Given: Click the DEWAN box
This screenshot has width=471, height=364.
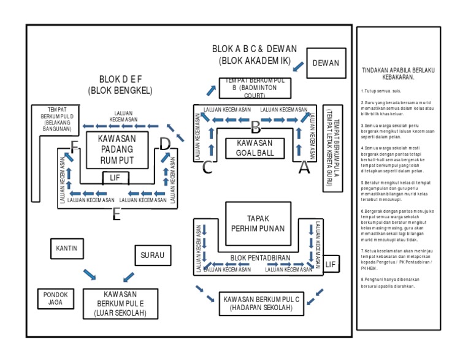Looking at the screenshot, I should [326, 63].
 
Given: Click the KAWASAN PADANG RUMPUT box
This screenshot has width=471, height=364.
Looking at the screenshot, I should [117, 150].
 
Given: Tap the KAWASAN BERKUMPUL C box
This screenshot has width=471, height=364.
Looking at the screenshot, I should [262, 303].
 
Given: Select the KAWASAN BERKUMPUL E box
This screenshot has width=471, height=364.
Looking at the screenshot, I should [120, 303].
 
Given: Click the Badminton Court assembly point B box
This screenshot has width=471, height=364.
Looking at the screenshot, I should [255, 88].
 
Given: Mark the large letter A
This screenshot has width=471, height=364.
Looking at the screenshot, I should [304, 167].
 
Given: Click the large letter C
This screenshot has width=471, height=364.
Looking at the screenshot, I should [207, 167].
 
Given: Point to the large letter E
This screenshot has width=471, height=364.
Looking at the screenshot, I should [117, 214].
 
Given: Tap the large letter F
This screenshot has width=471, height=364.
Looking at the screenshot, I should [75, 146].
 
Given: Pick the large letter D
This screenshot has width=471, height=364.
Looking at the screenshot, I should [164, 144].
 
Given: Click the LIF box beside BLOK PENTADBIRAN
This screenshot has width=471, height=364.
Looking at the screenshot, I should [331, 264].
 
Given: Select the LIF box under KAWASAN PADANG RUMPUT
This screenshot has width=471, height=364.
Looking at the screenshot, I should [115, 178].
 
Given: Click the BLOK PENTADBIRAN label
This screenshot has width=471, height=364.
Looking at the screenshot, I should [260, 258].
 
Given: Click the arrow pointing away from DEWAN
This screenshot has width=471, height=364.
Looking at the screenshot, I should [299, 66].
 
